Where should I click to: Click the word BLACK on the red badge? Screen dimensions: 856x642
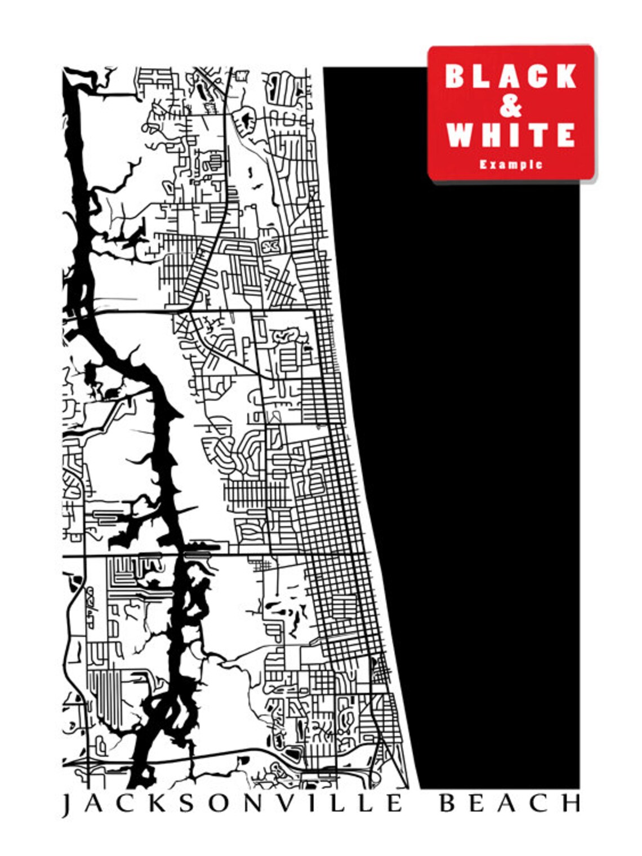click(x=511, y=76)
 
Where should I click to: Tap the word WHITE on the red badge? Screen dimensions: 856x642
click(x=511, y=135)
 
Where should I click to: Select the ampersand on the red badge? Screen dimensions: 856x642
click(x=510, y=106)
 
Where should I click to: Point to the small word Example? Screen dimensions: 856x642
click(x=511, y=165)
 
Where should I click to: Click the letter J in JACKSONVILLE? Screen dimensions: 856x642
click(x=66, y=805)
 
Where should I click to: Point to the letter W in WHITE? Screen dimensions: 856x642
click(x=459, y=135)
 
